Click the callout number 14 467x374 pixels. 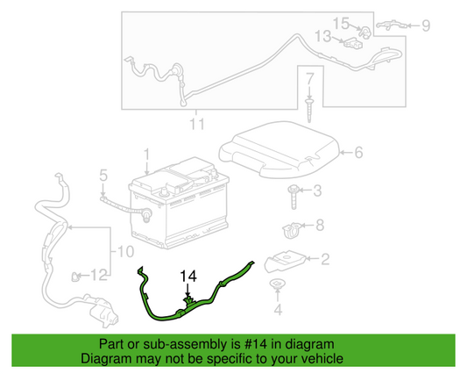tap(188, 276)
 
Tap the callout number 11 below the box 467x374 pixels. tap(197, 124)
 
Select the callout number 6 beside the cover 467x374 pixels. tap(358, 152)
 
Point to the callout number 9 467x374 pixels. tap(426, 25)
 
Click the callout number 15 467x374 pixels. tap(341, 24)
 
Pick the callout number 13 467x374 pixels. tap(323, 36)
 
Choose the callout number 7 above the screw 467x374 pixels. tap(310, 79)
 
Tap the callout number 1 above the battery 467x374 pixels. tap(146, 155)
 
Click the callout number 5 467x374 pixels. tap(103, 176)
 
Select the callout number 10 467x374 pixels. tap(125, 252)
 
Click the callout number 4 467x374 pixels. tap(278, 310)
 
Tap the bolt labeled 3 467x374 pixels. tap(294, 197)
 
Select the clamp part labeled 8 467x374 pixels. tap(291, 230)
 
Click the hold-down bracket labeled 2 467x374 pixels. tap(285, 261)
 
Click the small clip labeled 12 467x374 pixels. tap(75, 277)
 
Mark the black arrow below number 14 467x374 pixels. tap(188, 290)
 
